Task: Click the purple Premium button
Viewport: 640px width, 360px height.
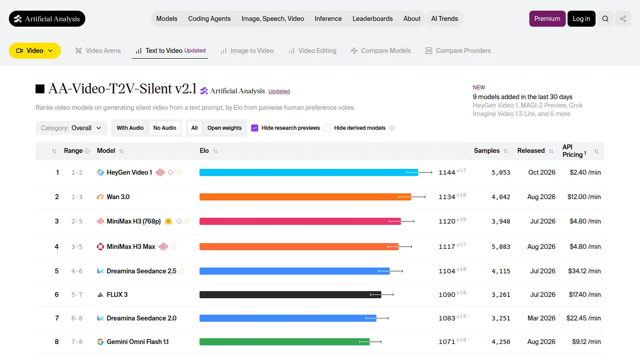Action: [x=547, y=19]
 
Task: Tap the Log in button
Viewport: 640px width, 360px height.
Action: [x=581, y=19]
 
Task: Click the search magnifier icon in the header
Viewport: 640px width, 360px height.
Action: [x=605, y=19]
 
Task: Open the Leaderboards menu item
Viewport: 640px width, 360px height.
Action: [x=372, y=19]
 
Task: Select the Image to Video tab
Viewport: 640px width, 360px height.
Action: [x=247, y=51]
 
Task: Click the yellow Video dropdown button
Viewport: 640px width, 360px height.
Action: [x=35, y=51]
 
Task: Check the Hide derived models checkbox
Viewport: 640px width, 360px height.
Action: [x=327, y=128]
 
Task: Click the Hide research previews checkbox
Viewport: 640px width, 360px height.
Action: [x=255, y=128]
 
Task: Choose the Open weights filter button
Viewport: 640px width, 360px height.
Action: [x=224, y=128]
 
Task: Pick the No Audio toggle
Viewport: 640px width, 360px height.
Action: [x=164, y=128]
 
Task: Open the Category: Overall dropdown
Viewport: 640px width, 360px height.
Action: [x=71, y=128]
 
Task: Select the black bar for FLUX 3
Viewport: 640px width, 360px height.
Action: [x=290, y=295]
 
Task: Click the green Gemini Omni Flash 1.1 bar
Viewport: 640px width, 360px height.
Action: [x=284, y=342]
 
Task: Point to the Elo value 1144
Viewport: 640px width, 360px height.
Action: [x=447, y=172]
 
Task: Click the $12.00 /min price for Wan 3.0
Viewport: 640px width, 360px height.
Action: [x=584, y=197]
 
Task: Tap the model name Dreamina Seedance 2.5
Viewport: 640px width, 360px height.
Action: [x=141, y=271]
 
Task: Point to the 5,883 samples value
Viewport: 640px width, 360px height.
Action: [x=500, y=247]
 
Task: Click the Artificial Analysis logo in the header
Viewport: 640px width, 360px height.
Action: [x=47, y=19]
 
